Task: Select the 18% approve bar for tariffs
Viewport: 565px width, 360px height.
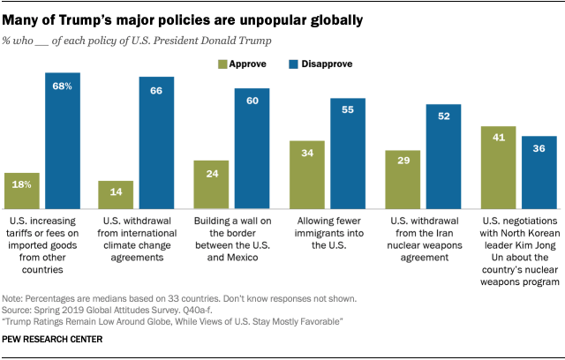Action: (x=22, y=188)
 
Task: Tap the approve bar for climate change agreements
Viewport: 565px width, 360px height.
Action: (x=116, y=192)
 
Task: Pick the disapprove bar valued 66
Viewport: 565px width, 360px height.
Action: (x=156, y=140)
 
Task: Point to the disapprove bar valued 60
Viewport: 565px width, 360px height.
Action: (x=252, y=146)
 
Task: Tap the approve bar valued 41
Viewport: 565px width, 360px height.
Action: (x=498, y=165)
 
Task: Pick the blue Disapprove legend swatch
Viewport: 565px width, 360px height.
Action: (x=295, y=64)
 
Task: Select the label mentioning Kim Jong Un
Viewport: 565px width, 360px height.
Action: (x=520, y=242)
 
